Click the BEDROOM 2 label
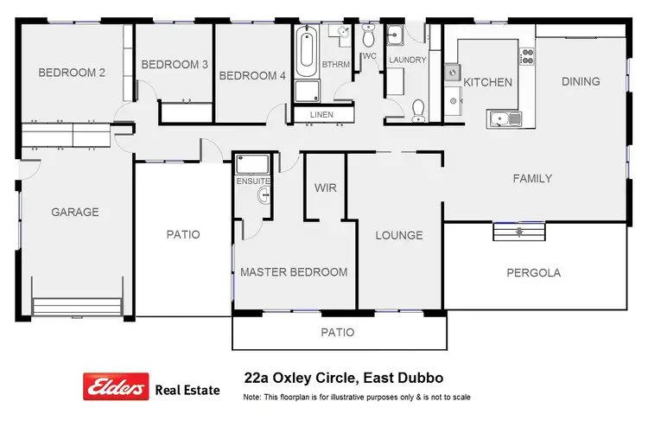pyautogui.click(x=72, y=73)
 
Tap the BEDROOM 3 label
pyautogui.click(x=175, y=64)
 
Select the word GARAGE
pyautogui.click(x=75, y=212)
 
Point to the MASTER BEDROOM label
pyautogui.click(x=294, y=272)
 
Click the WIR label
pyautogui.click(x=326, y=188)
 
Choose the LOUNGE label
pyautogui.click(x=398, y=235)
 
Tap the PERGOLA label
pyautogui.click(x=533, y=272)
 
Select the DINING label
pyautogui.click(x=581, y=81)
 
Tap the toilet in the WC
pyautogui.click(x=369, y=37)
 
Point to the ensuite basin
pyautogui.click(x=263, y=196)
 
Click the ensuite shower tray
pyautogui.click(x=253, y=164)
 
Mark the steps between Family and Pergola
pyautogui.click(x=518, y=232)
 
